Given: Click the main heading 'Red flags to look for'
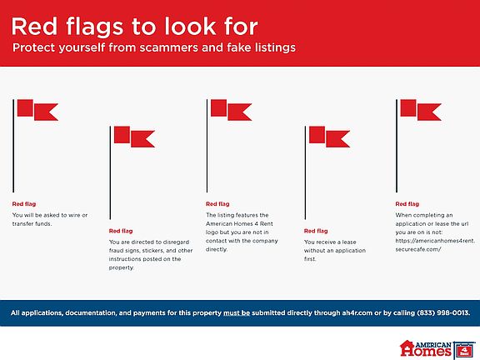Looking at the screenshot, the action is tap(135, 27).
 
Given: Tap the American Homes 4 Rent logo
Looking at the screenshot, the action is tap(438, 349).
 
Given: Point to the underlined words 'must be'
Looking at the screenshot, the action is tap(237, 312).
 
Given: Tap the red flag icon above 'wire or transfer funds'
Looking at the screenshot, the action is tap(36, 146).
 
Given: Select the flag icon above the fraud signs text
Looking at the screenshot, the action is tap(132, 172).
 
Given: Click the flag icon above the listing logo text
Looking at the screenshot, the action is tap(229, 146).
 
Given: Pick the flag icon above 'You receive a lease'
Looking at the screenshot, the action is tap(327, 172).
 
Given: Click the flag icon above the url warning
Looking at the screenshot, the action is tap(418, 146).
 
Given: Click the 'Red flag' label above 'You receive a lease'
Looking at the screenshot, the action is tap(316, 231).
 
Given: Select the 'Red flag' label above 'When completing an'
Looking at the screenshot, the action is tap(407, 204).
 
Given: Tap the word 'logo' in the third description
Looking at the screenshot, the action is tap(212, 232).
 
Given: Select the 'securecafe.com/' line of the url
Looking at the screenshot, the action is tap(418, 249).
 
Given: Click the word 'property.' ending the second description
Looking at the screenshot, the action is tap(122, 267).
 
